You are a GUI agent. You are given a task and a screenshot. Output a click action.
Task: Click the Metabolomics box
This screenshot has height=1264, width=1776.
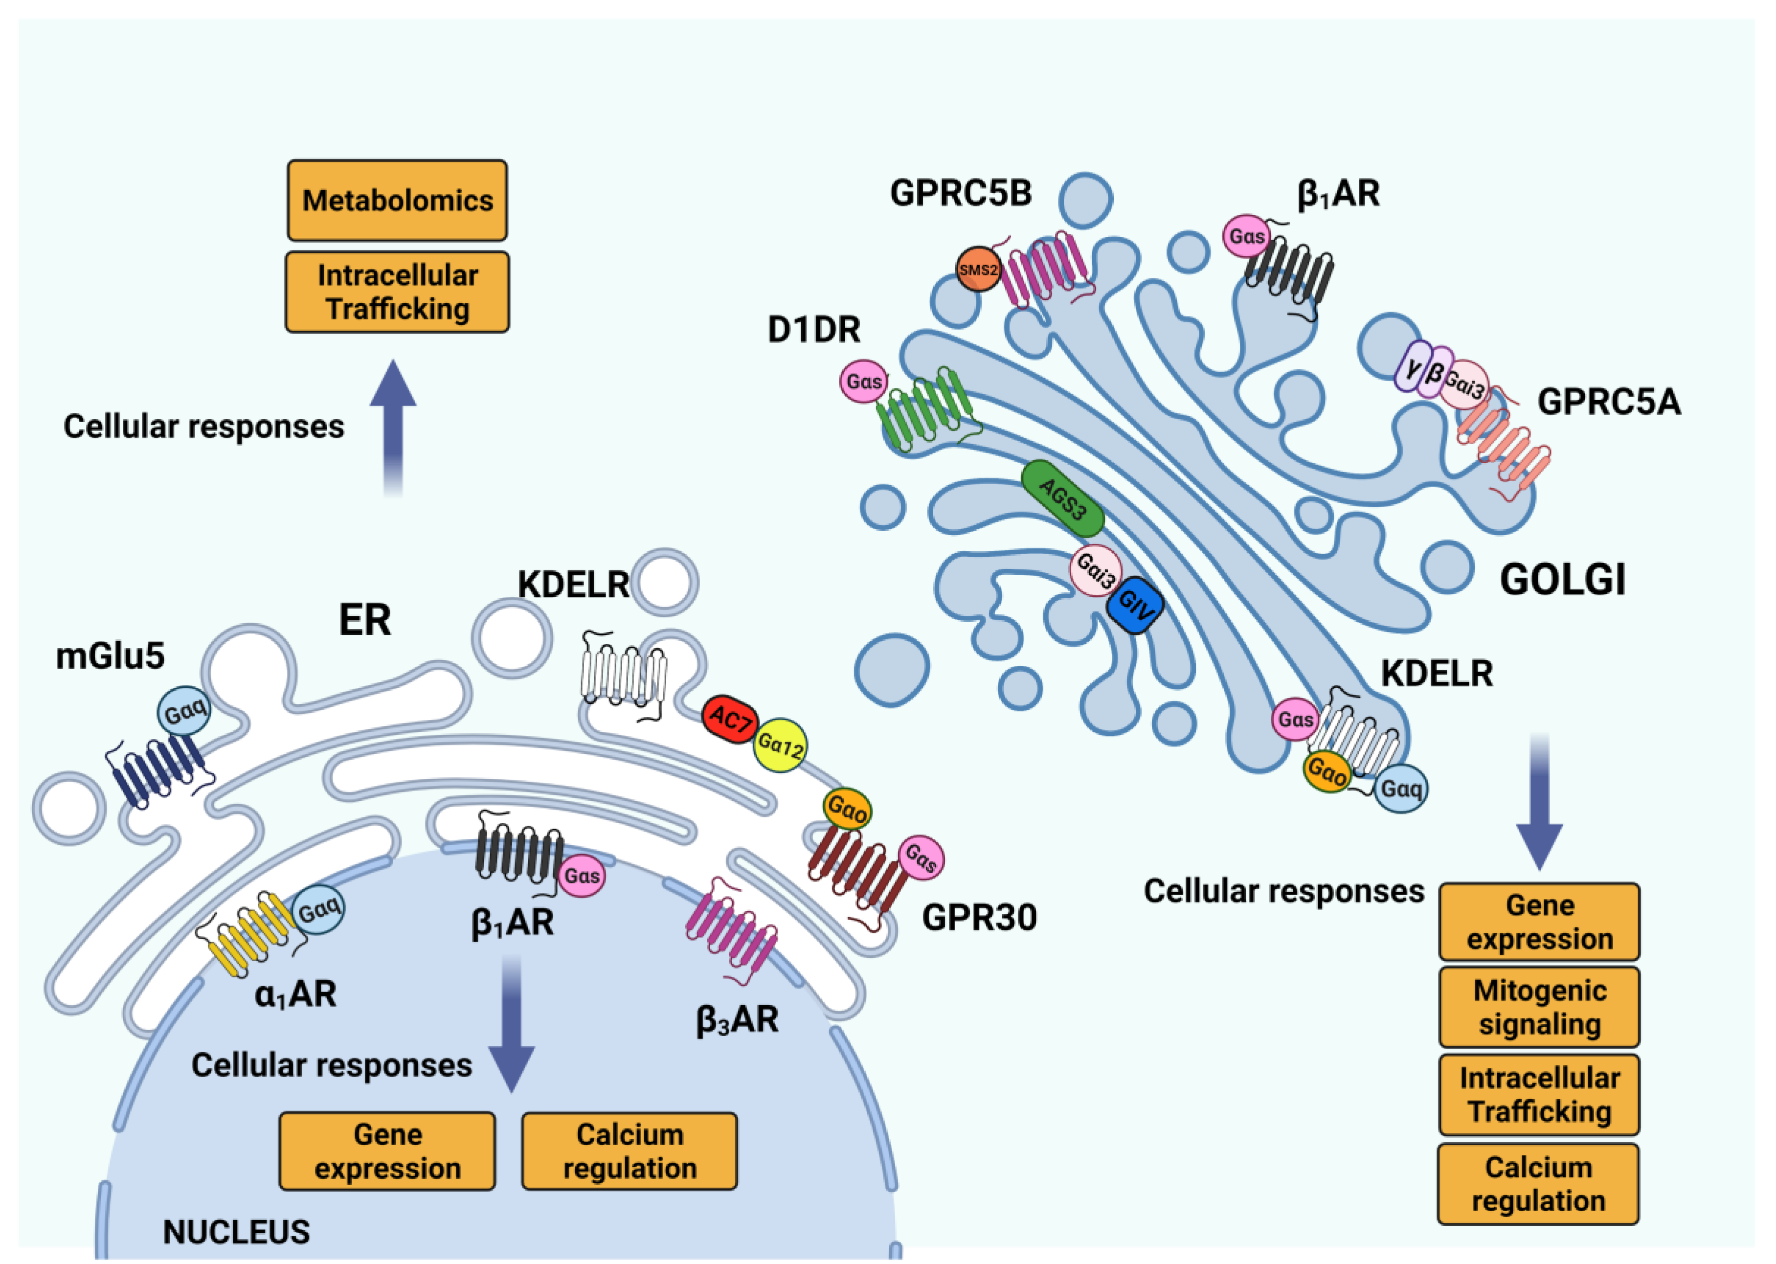[x=397, y=200]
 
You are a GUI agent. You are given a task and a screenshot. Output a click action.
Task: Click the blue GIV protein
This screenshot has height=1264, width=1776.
[x=1135, y=605]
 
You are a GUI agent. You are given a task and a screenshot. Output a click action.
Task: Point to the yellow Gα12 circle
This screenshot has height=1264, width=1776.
[x=780, y=745]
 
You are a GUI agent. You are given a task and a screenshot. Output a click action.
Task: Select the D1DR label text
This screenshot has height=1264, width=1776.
[x=813, y=330]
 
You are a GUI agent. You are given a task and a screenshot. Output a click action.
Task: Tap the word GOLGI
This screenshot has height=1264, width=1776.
[x=1563, y=580]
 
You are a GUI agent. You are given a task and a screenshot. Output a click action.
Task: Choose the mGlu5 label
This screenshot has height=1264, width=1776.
[x=110, y=656]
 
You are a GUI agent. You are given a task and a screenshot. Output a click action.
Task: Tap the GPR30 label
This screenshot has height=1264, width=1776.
[x=979, y=918]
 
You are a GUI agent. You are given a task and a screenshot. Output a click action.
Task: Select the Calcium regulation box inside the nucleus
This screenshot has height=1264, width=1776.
[x=629, y=1151]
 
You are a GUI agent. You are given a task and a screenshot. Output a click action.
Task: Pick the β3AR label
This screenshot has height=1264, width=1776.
[x=736, y=1019]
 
